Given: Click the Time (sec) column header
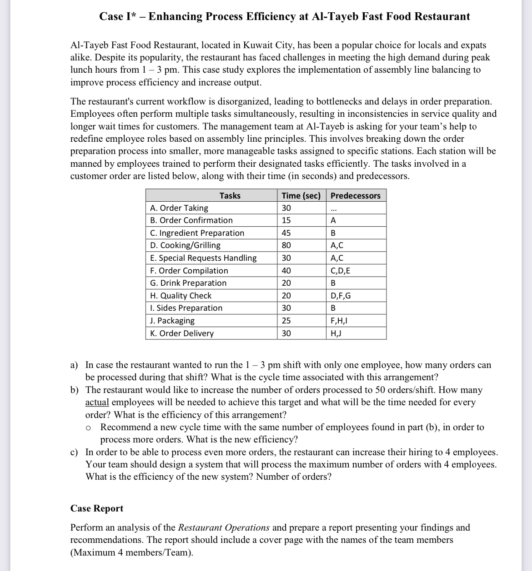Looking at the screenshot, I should coord(301,196).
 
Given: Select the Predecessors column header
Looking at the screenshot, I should coord(355,196).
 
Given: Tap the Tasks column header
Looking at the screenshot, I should coord(230,196).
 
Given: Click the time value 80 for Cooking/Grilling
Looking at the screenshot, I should coord(286,245).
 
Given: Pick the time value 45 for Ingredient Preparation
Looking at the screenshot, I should coord(286,233).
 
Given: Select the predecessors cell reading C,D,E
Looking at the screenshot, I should coord(340,271).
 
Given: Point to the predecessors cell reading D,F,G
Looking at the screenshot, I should coord(341,296).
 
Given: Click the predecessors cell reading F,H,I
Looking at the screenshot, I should coord(339,321).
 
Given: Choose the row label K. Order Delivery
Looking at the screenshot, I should coord(182,333).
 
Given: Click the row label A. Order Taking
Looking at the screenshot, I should coord(179,208).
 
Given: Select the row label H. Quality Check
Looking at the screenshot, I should coord(181,296).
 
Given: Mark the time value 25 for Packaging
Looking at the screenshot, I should coord(286,321).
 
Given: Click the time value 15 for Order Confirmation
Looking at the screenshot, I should coord(286,220).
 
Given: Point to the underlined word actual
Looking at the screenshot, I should coord(97,402).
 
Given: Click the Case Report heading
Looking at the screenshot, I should coord(97,508).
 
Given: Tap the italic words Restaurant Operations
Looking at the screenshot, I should coord(224,528).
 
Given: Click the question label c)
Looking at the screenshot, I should coord(74,452).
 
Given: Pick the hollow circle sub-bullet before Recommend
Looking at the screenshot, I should coord(89,428).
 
